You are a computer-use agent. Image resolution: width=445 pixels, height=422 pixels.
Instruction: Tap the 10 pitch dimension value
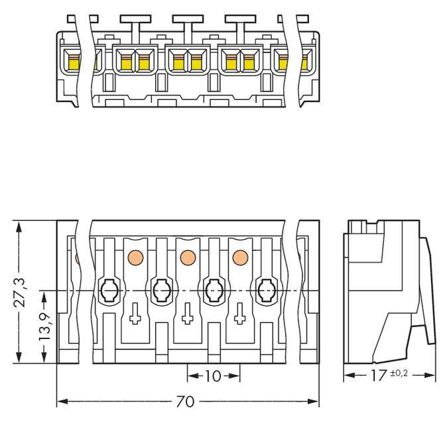pyautogui.click(x=213, y=376)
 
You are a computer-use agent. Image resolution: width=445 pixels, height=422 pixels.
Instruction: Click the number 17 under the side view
pyautogui.click(x=379, y=376)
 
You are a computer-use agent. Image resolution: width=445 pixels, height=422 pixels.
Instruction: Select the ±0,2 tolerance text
pyautogui.click(x=399, y=373)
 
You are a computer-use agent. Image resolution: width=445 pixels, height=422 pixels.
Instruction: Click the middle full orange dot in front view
pyautogui.click(x=188, y=257)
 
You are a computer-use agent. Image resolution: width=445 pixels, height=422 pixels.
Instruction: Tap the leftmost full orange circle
pyautogui.click(x=135, y=257)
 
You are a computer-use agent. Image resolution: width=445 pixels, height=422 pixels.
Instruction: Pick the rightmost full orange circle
pyautogui.click(x=240, y=257)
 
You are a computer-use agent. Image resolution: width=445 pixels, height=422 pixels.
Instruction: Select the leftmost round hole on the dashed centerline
pyautogui.click(x=108, y=290)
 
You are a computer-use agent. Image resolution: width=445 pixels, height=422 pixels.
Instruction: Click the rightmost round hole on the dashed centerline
pyautogui.click(x=267, y=290)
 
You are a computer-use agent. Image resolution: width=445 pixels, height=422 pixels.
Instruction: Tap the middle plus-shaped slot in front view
pyautogui.click(x=188, y=314)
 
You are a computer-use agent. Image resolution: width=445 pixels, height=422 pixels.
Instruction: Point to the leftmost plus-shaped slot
pyautogui.click(x=135, y=314)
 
